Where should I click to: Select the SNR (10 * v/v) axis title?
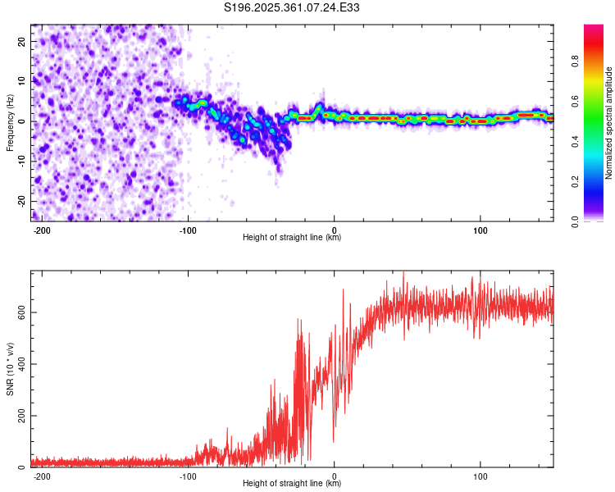point(10,368)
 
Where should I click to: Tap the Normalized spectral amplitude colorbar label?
point(609,122)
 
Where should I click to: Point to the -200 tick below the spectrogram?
point(42,230)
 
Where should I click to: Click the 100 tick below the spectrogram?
point(481,230)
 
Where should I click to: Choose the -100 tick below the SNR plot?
point(188,476)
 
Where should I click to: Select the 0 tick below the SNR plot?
point(335,476)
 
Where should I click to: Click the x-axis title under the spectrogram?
point(293,238)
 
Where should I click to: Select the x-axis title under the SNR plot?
point(293,484)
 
